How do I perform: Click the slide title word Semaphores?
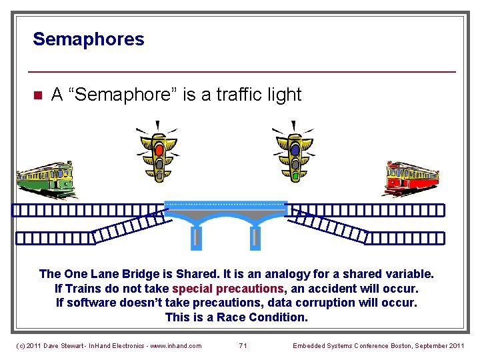[88, 39]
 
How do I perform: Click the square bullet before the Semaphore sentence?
[38, 95]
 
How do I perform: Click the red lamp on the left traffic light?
[159, 149]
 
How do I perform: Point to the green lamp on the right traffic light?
[295, 175]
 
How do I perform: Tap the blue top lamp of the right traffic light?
[295, 150]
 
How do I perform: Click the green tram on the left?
[45, 179]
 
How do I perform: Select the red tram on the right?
[412, 178]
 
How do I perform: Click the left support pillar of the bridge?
[197, 237]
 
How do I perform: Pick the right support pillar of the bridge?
[255, 237]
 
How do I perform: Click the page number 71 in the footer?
[243, 345]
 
